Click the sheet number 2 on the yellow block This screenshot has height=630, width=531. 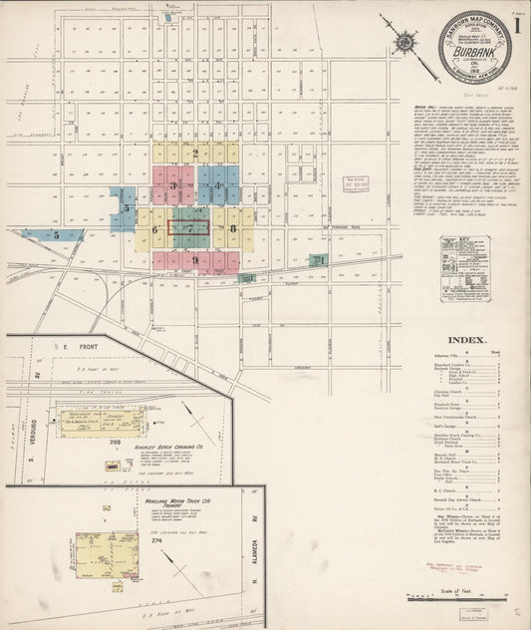point(196,154)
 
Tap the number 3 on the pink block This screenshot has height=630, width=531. point(173,185)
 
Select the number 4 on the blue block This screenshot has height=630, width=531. point(217,185)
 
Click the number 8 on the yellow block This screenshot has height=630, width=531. point(232,228)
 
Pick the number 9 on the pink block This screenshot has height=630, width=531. point(195,260)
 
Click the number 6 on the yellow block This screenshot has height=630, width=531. point(155,229)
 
